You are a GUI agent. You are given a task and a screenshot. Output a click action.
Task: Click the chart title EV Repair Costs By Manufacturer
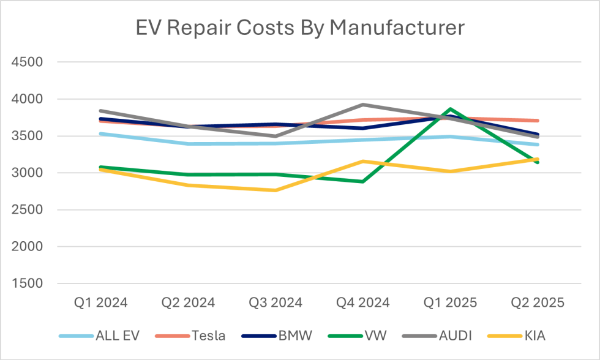click(300, 29)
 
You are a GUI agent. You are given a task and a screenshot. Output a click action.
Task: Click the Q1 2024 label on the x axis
click(100, 302)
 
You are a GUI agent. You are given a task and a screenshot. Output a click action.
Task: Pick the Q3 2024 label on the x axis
click(276, 302)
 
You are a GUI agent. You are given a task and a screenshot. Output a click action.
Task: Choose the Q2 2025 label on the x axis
click(538, 302)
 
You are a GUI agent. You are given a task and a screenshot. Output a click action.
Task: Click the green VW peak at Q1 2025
click(451, 109)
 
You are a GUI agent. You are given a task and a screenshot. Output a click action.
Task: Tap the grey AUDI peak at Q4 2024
click(363, 105)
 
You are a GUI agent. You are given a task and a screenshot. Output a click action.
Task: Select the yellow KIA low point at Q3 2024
click(276, 190)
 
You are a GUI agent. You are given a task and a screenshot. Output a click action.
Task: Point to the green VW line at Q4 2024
click(363, 181)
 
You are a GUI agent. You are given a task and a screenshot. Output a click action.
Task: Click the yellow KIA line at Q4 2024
click(363, 162)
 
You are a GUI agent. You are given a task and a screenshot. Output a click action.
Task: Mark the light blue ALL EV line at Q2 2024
click(188, 144)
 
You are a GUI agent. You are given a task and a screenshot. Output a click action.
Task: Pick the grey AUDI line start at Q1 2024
click(100, 111)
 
